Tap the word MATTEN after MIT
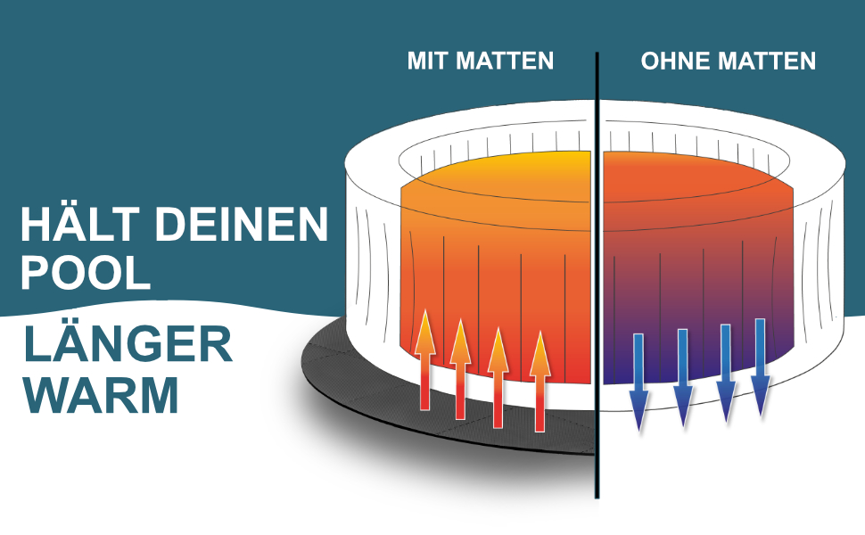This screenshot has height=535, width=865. tap(506, 61)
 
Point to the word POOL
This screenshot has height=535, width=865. tap(86, 273)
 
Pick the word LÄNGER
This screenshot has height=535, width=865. tap(128, 343)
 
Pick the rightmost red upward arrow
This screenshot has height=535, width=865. tap(539, 380)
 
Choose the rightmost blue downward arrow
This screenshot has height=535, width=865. tap(760, 366)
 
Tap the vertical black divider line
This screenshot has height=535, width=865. tap(597, 267)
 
